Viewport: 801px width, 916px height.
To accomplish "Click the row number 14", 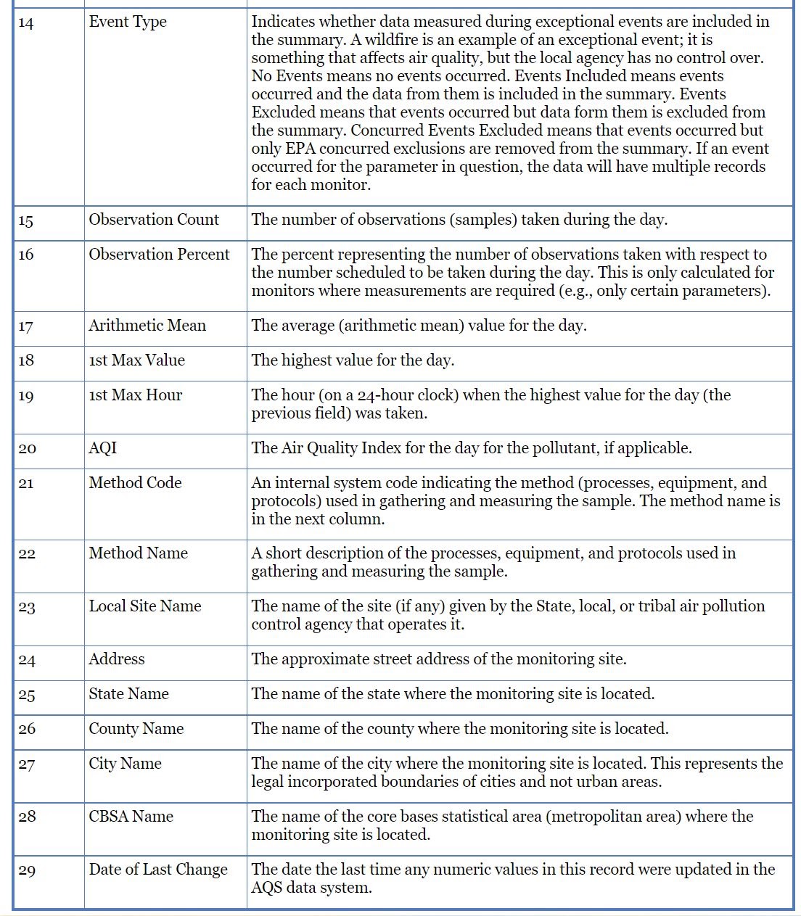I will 26,23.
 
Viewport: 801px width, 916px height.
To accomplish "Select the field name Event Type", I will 128,22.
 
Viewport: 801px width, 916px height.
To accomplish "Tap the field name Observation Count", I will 154,220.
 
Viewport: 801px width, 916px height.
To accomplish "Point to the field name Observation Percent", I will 159,255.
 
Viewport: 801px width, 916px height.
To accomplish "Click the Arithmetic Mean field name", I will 147,326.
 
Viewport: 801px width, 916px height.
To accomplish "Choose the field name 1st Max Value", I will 136,360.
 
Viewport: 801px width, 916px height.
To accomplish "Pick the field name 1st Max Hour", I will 135,395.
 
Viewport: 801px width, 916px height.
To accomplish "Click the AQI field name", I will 102,448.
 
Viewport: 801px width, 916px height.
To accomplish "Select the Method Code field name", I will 135,483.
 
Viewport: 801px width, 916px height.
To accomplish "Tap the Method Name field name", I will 138,553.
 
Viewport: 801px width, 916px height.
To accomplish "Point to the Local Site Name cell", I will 145,606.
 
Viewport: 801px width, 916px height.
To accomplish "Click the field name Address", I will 116,659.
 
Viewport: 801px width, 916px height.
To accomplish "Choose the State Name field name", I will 128,694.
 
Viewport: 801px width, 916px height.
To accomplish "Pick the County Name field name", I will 136,729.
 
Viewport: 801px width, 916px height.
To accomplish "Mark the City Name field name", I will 125,764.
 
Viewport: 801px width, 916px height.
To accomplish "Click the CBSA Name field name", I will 131,817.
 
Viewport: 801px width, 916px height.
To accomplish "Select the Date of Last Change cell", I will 158,870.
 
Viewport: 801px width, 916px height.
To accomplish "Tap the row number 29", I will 27,870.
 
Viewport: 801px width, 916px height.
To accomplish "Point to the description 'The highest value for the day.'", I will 353,360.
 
